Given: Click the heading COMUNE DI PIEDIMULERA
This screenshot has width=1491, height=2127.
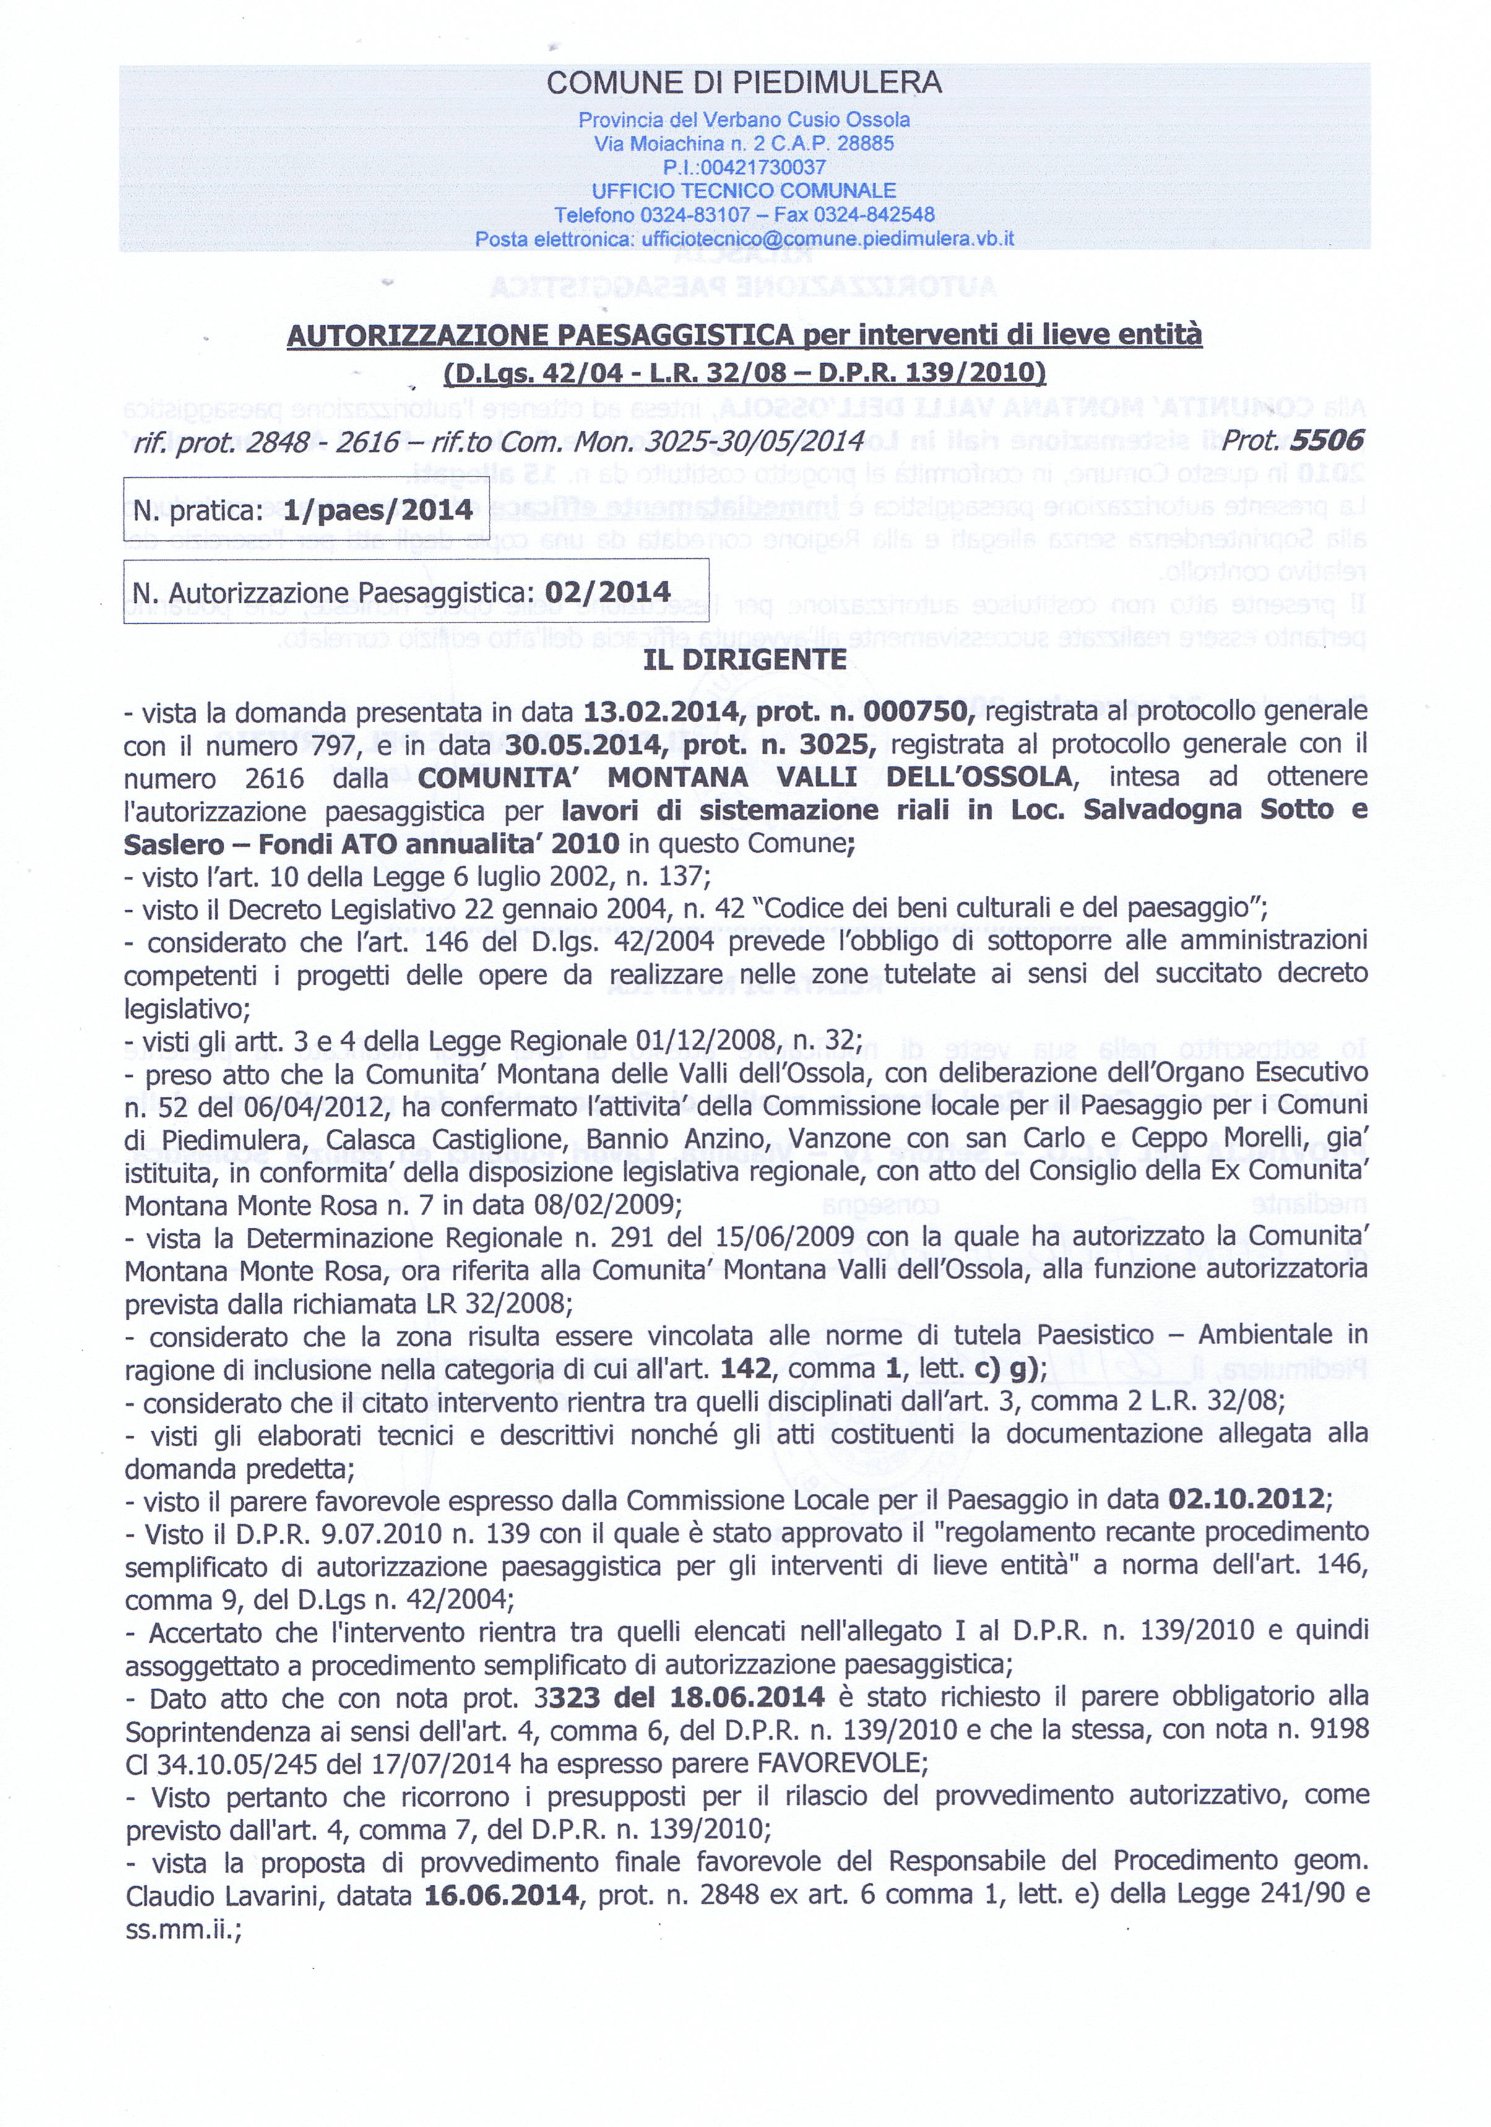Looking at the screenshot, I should (x=744, y=84).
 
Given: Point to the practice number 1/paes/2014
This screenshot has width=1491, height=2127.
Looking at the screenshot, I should (x=380, y=509).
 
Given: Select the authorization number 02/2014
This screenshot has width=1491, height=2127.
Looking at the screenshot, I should (x=608, y=591).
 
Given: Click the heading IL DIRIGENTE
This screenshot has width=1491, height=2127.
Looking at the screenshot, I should (x=745, y=658).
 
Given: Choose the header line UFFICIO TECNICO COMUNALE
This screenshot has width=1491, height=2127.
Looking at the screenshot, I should (x=744, y=191).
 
